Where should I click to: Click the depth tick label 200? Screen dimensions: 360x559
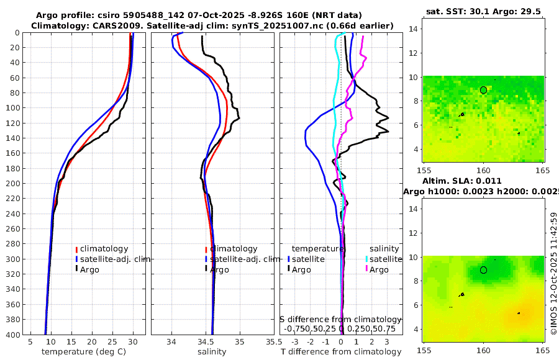(x=13, y=183)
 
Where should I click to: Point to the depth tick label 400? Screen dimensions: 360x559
(x=13, y=335)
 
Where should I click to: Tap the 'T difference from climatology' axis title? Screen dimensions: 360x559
(x=341, y=352)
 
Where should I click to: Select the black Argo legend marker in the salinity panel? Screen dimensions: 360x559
(x=206, y=269)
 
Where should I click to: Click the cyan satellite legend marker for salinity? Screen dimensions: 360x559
(x=366, y=259)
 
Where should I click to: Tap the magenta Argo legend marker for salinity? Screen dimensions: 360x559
(x=366, y=269)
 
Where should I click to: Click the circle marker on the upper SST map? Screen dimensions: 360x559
(x=484, y=90)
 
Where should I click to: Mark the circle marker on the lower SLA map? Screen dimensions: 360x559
(x=484, y=270)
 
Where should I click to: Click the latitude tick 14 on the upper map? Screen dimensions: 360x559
(x=411, y=29)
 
